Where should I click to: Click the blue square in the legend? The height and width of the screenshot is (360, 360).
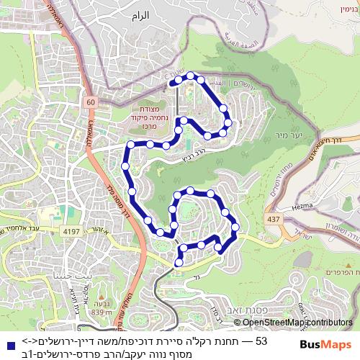[x=7, y=341]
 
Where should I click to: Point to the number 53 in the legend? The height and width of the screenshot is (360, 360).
[x=261, y=340]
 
